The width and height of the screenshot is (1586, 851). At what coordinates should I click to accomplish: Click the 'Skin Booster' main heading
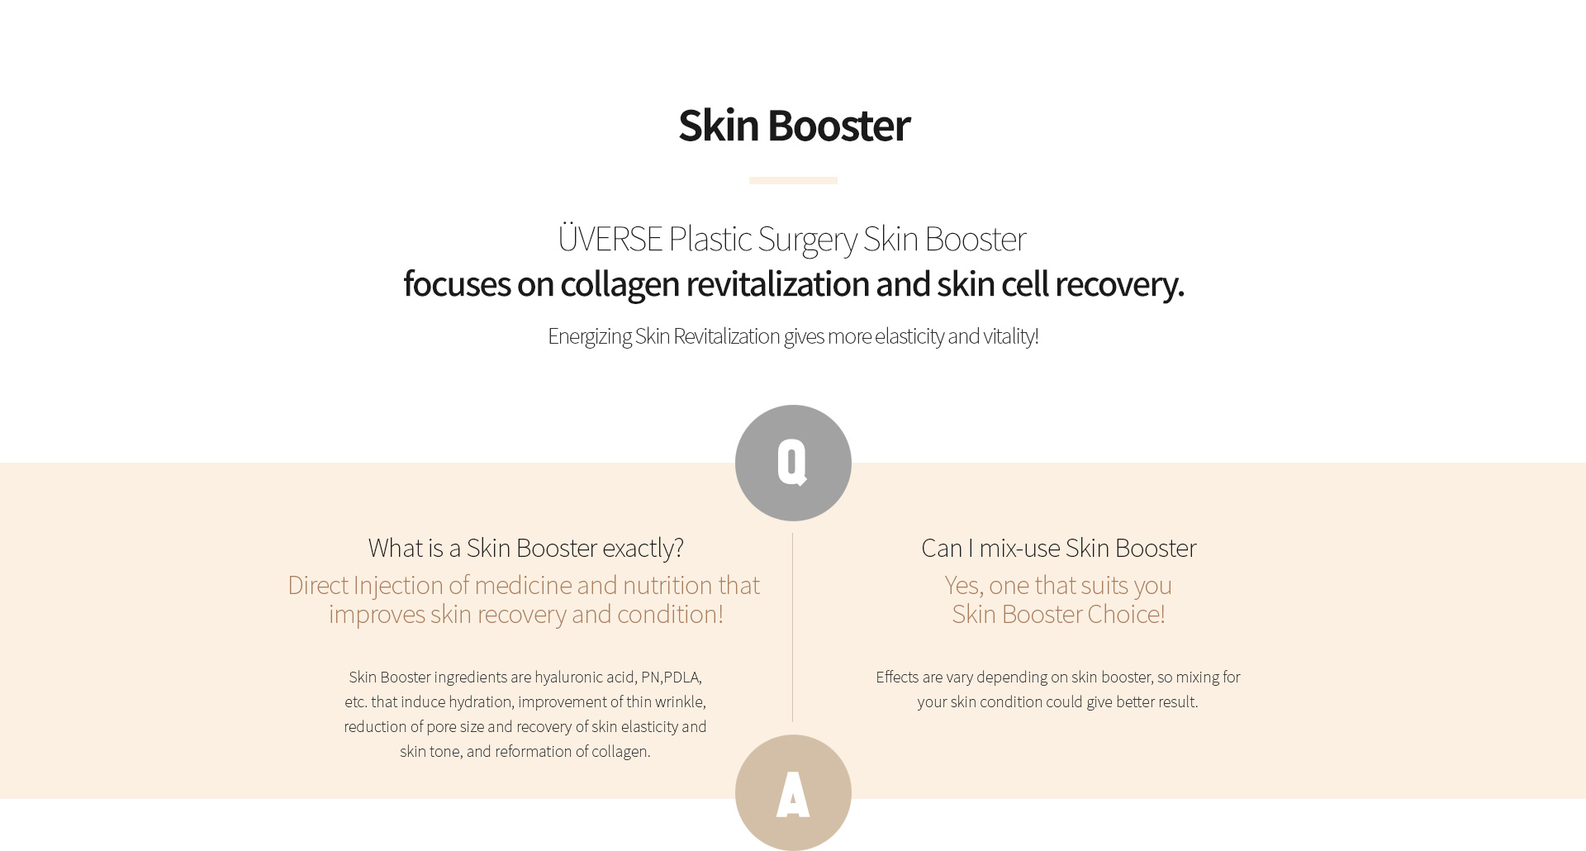[x=794, y=126]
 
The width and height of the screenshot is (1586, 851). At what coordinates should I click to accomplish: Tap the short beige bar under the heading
[x=793, y=180]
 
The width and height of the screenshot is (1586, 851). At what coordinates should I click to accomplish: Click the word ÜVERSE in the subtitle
[x=610, y=238]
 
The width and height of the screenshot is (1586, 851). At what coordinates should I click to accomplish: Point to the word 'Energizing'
[x=589, y=337]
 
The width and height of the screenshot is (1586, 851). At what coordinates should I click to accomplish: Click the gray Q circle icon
[x=793, y=463]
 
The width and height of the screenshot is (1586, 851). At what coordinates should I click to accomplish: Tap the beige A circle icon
[x=793, y=792]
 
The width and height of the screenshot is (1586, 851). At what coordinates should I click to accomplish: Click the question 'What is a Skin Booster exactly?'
[x=526, y=549]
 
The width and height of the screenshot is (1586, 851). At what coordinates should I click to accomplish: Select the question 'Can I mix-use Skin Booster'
[x=1058, y=549]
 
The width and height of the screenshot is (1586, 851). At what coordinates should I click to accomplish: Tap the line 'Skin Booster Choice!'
[x=1058, y=615]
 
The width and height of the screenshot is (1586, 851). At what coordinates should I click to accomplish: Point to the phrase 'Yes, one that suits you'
[x=1058, y=586]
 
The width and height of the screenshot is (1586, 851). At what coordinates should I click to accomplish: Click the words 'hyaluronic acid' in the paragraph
[x=585, y=677]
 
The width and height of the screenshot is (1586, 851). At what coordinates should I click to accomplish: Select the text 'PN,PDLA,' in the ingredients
[x=672, y=677]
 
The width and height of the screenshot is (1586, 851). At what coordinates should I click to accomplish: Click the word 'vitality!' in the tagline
[x=1011, y=337]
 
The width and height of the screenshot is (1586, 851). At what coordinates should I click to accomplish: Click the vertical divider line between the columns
[x=792, y=628]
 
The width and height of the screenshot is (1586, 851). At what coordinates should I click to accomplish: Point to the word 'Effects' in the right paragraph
[x=897, y=677]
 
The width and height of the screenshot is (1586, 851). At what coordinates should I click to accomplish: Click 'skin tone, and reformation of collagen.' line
[x=525, y=752]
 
